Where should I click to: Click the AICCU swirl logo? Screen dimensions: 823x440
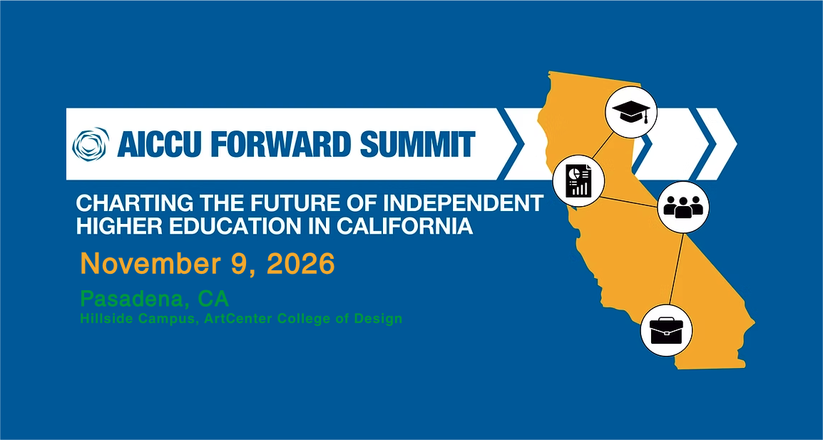[91, 144]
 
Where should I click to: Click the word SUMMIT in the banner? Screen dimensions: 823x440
[416, 144]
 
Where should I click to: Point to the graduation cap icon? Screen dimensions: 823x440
[631, 112]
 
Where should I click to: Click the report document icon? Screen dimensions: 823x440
[578, 180]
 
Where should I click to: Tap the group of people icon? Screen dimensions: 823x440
[683, 207]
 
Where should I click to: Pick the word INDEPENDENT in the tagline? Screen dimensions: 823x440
[471, 203]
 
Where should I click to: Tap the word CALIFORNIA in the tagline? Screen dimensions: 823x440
[404, 226]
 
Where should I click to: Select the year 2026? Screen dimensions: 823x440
[301, 264]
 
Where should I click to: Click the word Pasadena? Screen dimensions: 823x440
[134, 299]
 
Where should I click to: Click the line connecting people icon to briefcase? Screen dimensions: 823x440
[676, 270]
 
